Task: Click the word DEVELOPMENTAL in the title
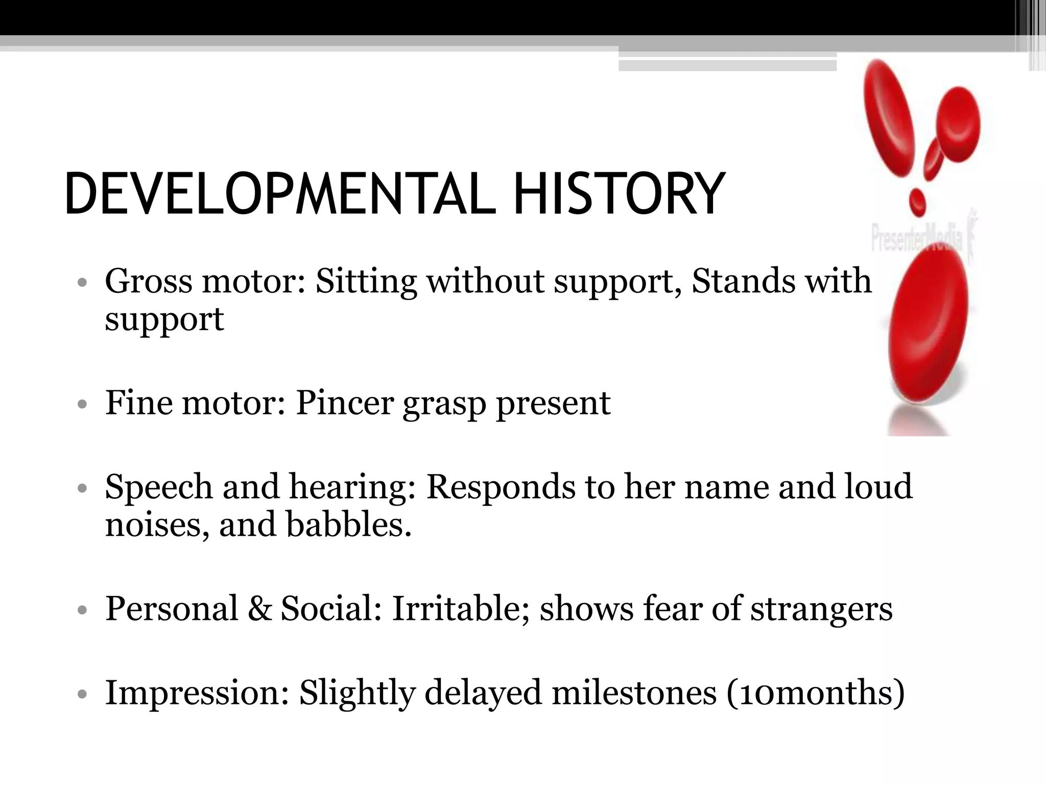[x=280, y=195]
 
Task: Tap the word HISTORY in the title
[x=619, y=195]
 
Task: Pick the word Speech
[x=158, y=487]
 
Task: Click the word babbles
[x=348, y=525]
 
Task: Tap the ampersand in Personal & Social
[x=260, y=608]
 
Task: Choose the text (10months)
[x=815, y=694]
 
